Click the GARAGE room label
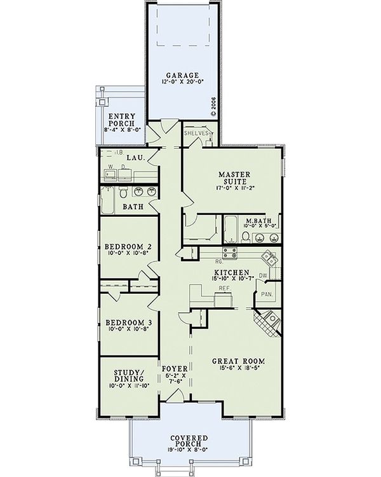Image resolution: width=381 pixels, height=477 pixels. (184, 75)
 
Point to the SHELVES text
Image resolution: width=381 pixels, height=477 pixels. (196, 134)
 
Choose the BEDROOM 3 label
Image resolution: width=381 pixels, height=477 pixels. (128, 322)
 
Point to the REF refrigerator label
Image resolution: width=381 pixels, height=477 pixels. (224, 288)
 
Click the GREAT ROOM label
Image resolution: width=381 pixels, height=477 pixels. (238, 361)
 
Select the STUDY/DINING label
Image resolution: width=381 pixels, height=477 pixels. (128, 375)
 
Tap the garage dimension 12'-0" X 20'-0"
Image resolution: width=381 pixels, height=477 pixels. (184, 83)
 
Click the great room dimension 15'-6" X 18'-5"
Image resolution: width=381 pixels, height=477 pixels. (238, 369)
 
